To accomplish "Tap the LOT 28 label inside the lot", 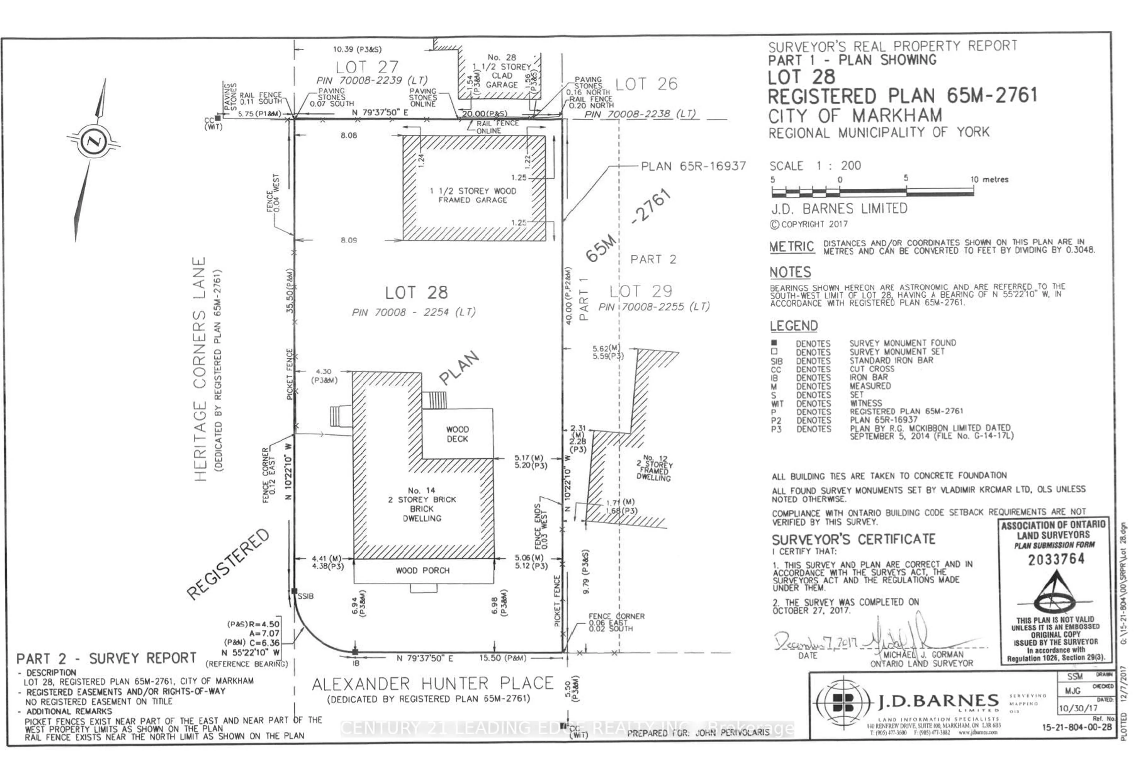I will pos(416,293).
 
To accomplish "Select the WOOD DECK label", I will pos(457,434).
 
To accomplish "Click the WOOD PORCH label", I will pos(423,571).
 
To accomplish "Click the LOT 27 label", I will pos(367,67).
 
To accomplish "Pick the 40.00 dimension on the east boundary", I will pos(568,296).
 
